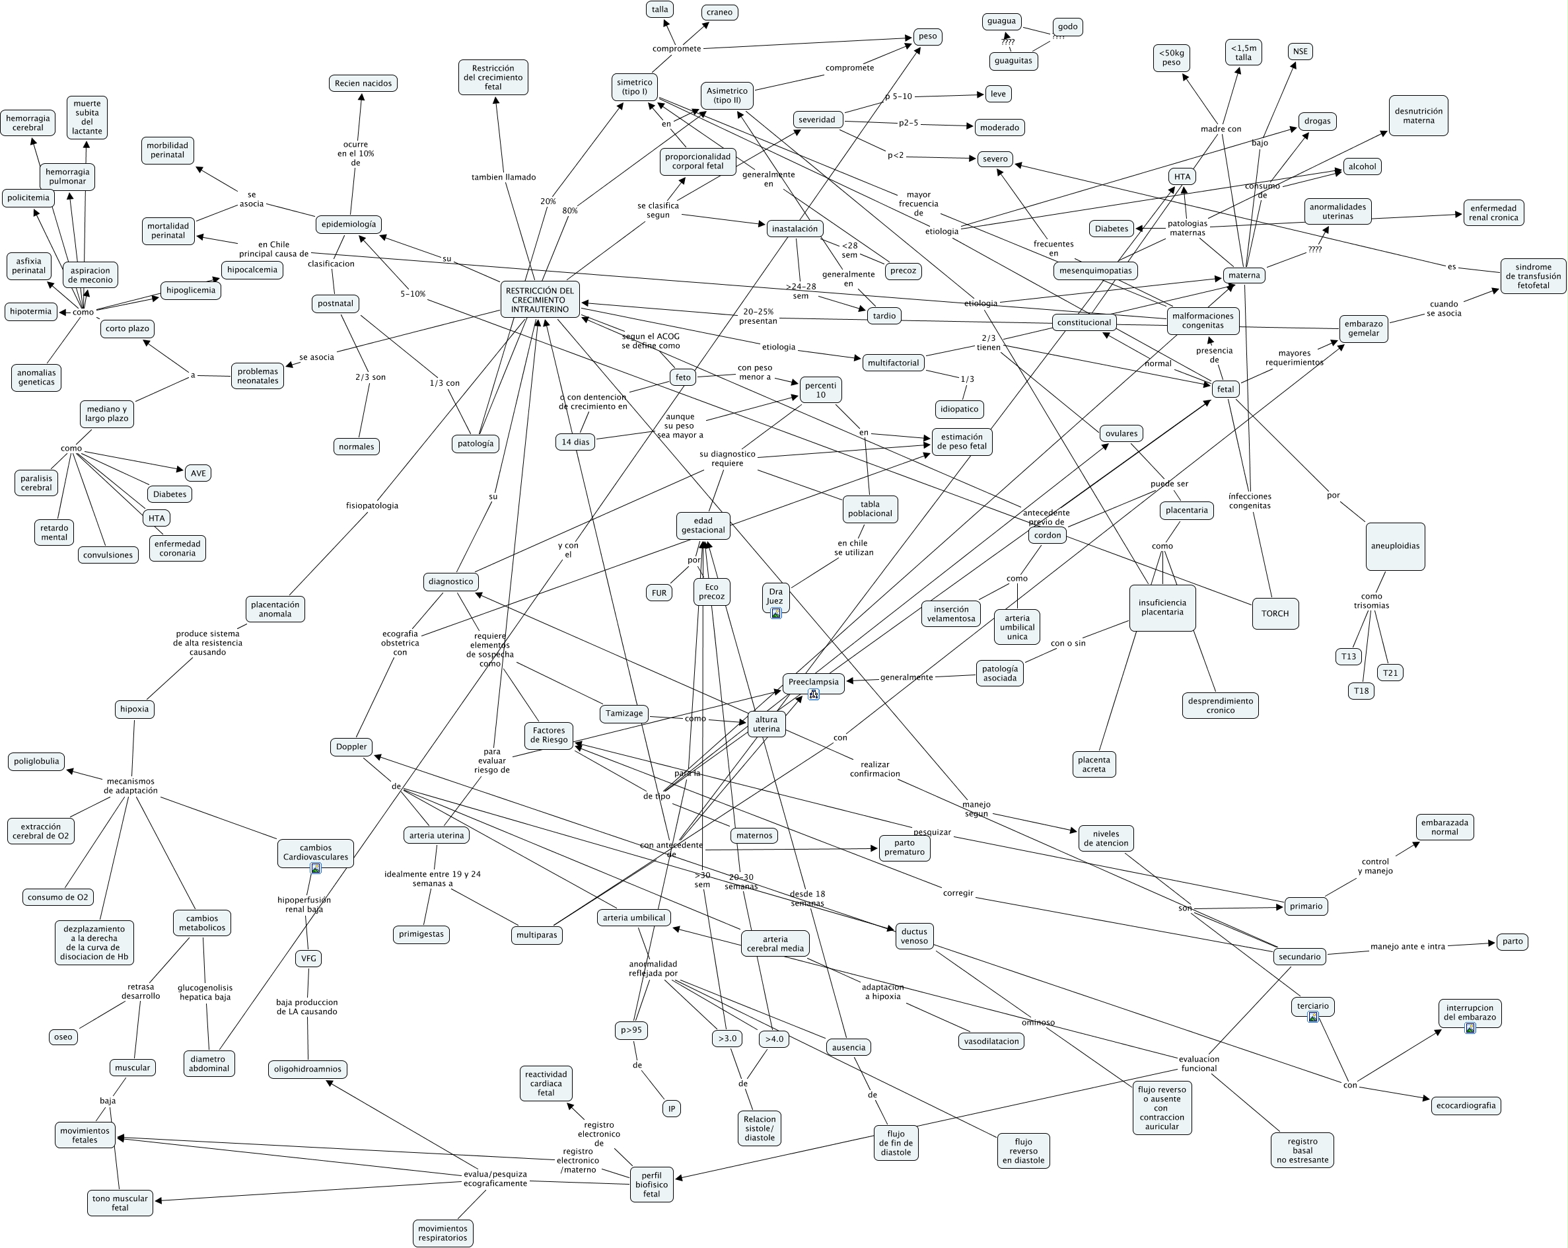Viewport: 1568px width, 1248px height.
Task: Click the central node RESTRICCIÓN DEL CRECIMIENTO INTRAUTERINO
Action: tap(540, 300)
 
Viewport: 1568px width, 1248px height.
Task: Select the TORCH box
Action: tap(1274, 613)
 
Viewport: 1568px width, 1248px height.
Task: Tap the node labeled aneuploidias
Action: tap(1394, 546)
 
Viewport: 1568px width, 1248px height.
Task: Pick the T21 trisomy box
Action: tap(1390, 673)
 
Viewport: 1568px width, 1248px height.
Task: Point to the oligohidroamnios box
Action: tap(308, 1068)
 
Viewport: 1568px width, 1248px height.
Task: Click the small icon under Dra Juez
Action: tap(776, 613)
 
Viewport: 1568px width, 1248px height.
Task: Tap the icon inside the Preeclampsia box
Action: tap(813, 694)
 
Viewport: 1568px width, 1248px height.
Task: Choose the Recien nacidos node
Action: tap(363, 83)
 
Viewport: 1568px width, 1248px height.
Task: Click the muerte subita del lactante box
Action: tap(87, 117)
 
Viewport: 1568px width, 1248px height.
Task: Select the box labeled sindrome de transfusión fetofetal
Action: tap(1533, 275)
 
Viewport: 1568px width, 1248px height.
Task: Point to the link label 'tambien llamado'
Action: tap(503, 176)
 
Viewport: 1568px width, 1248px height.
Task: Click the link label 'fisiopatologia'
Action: tap(372, 505)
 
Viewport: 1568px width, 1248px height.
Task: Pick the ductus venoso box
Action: tap(914, 936)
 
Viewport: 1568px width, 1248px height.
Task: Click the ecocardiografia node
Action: tap(1466, 1105)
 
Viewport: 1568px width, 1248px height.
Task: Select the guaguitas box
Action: tap(1013, 60)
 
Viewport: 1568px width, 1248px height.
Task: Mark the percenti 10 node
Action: tap(820, 390)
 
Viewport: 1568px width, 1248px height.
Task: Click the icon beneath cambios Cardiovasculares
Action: tap(316, 867)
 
